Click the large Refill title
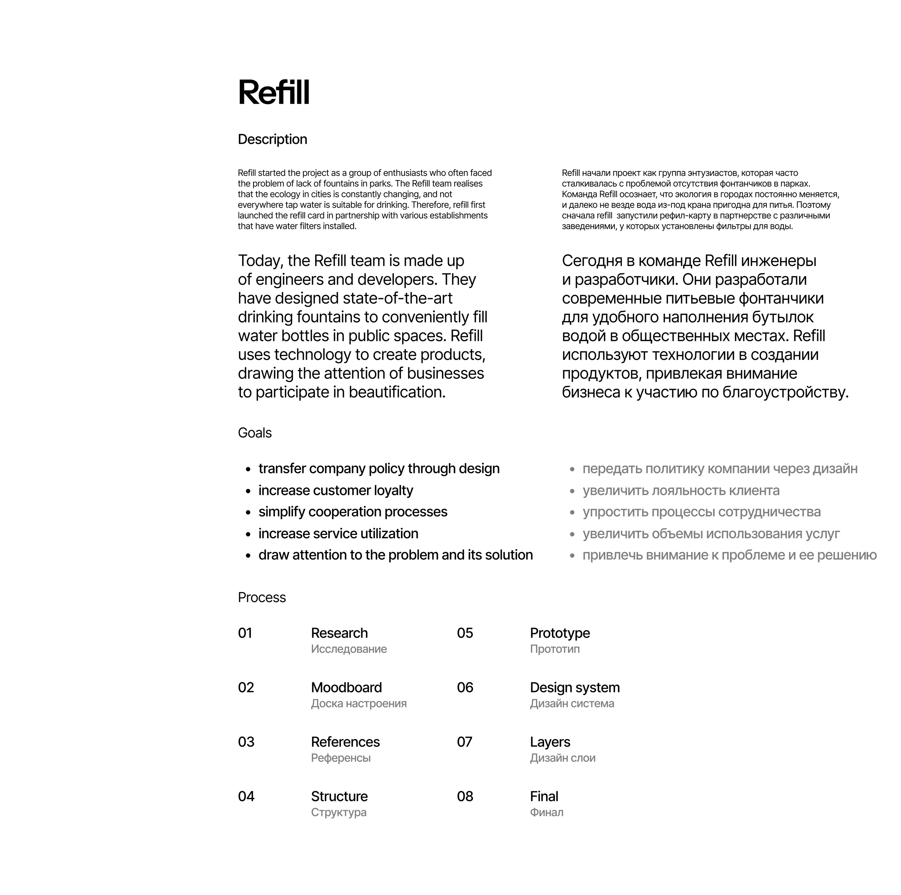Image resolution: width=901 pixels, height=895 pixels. (x=274, y=92)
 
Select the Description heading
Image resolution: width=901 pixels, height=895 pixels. (x=272, y=139)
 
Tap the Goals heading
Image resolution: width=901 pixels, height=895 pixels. (x=255, y=433)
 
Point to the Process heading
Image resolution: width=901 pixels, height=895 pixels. (x=262, y=597)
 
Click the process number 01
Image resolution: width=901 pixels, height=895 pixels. (x=245, y=633)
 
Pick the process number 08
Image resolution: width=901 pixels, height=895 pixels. (x=465, y=796)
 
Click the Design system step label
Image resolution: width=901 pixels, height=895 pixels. (x=575, y=687)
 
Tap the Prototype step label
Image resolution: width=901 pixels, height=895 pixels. (x=560, y=633)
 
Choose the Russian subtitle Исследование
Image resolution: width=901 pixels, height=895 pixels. (x=349, y=649)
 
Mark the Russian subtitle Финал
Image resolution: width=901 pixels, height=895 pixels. (x=547, y=812)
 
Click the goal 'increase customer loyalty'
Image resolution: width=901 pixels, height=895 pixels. (x=336, y=490)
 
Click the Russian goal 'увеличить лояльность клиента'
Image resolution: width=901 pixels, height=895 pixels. (x=681, y=490)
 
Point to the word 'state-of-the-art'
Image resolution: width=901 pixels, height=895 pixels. (x=398, y=298)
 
